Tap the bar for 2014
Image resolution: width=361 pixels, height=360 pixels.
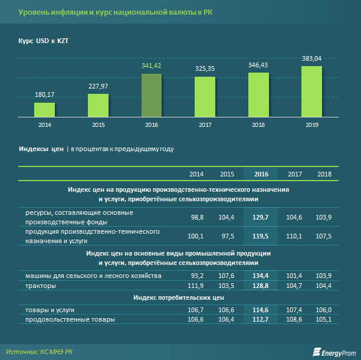pyautogui.click(x=44, y=109)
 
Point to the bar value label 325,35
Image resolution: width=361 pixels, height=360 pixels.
pyautogui.click(x=205, y=69)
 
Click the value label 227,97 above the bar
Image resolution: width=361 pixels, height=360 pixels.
pyautogui.click(x=98, y=86)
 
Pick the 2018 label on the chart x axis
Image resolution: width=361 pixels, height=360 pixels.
pyautogui.click(x=258, y=125)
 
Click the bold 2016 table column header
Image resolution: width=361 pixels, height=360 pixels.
pyautogui.click(x=260, y=174)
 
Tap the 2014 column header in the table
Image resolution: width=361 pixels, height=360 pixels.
pyautogui.click(x=196, y=174)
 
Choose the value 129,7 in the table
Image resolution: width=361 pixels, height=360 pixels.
pyautogui.click(x=260, y=218)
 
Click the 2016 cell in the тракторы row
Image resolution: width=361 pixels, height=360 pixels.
pyautogui.click(x=260, y=286)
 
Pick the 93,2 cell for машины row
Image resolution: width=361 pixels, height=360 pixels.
pyautogui.click(x=196, y=276)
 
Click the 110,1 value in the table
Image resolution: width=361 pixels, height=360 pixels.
pyautogui.click(x=294, y=237)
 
